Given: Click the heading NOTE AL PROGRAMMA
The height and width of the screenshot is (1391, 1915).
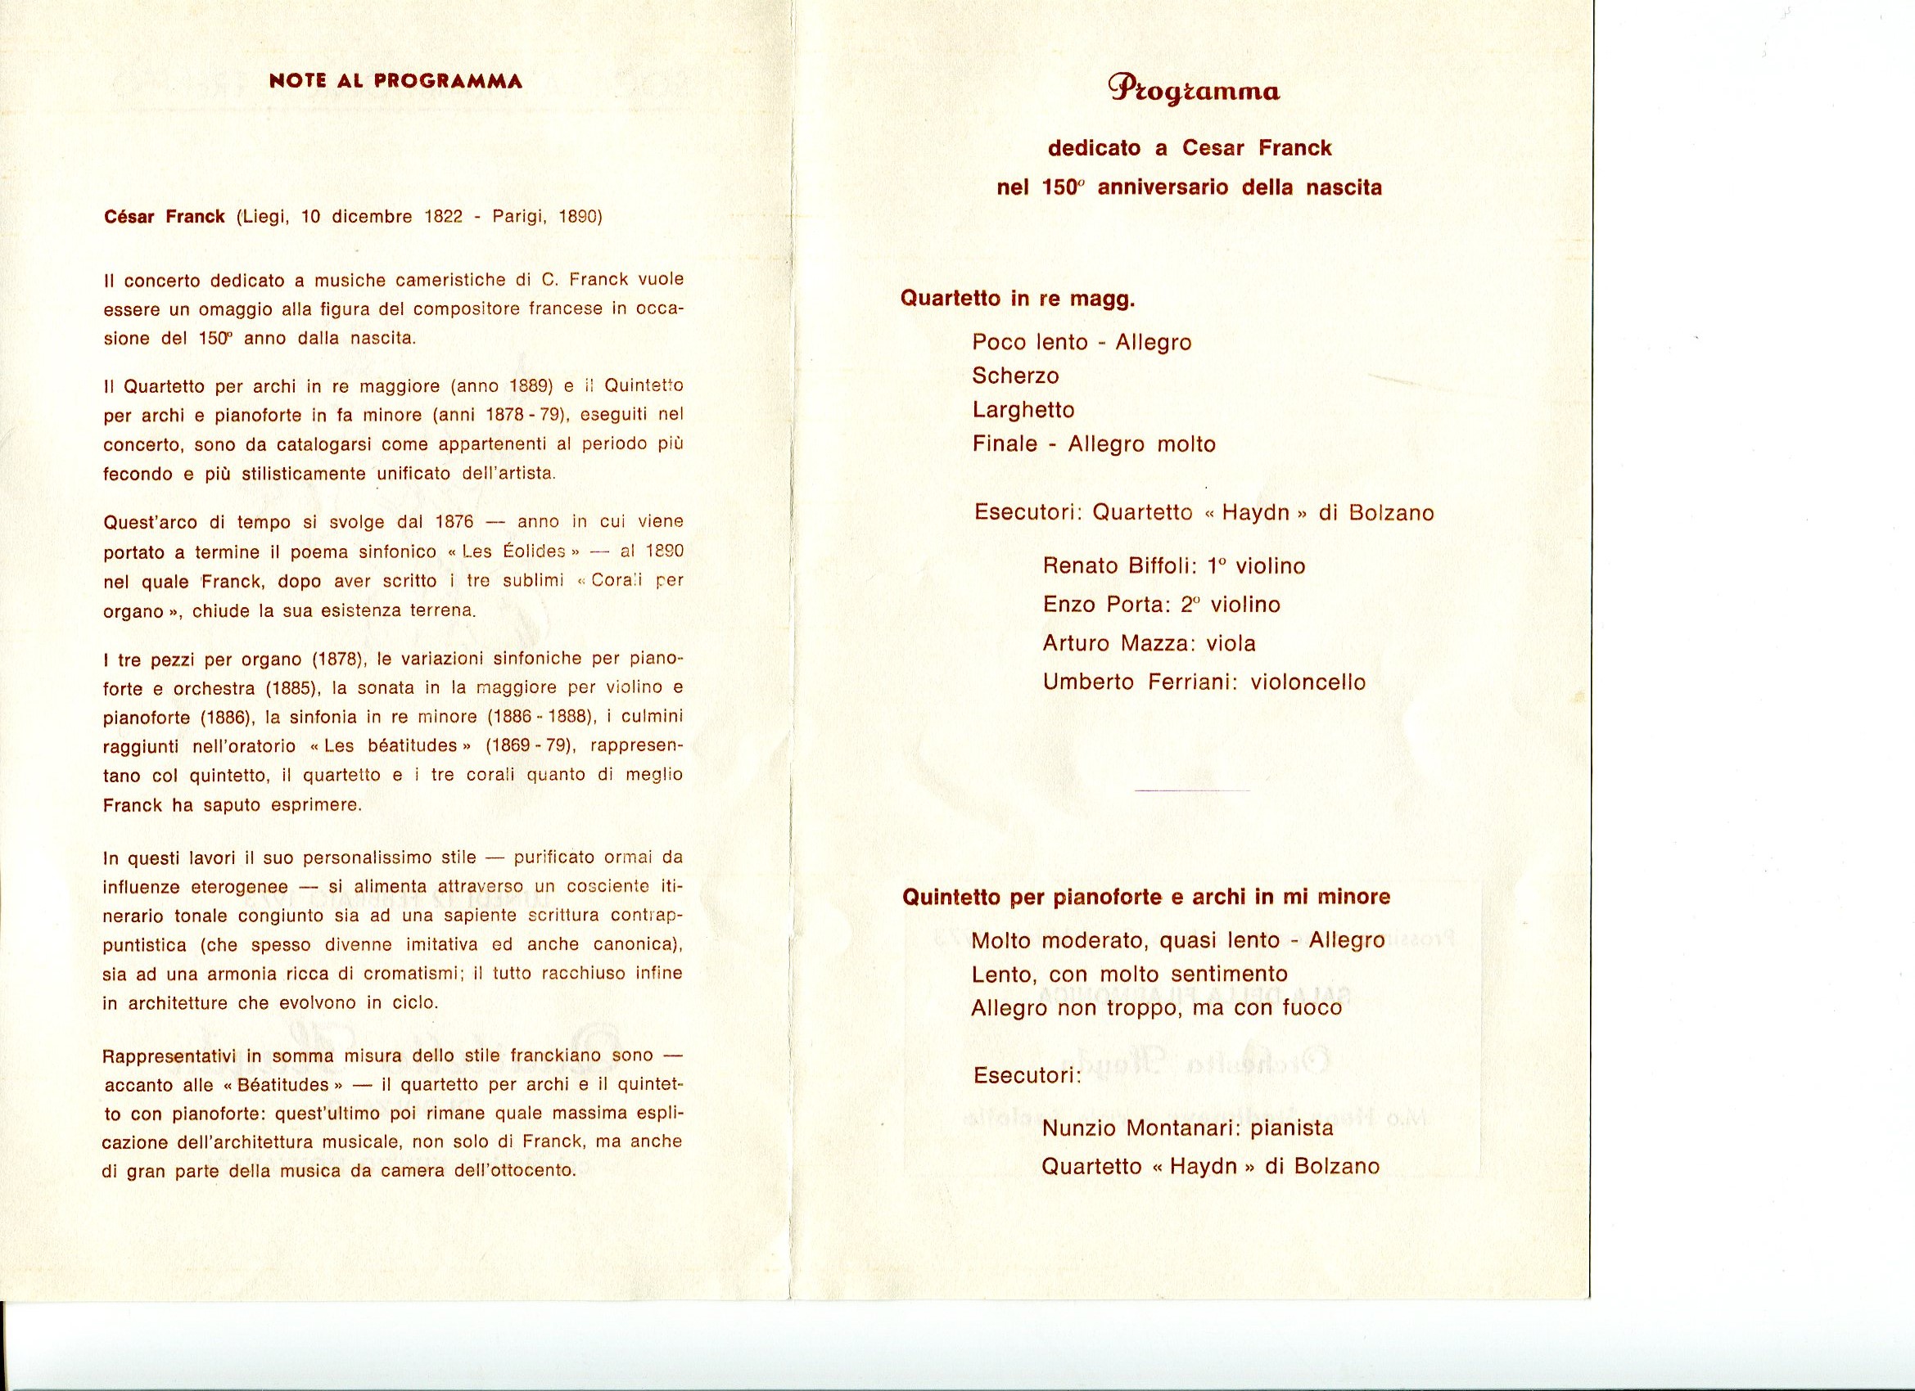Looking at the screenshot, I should tap(395, 82).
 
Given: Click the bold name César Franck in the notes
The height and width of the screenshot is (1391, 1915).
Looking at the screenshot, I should tap(164, 217).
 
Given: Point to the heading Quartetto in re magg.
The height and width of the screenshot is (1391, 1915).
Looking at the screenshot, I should tap(1018, 299).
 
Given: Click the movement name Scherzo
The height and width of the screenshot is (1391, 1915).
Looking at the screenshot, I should tap(1015, 376).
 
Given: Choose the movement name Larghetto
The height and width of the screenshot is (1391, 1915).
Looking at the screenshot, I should tap(1023, 410).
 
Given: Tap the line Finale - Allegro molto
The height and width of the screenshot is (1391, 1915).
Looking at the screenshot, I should tap(1094, 444).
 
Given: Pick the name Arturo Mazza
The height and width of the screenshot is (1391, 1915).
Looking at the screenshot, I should tap(1107, 643).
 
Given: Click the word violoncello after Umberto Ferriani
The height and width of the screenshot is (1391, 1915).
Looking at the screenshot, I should tap(1308, 682).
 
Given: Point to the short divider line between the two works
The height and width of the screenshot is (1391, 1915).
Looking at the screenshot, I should tap(1192, 790).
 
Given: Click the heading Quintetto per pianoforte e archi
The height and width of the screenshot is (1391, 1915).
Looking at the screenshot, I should tap(1145, 897).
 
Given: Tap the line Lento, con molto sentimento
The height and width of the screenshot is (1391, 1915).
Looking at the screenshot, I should tap(1129, 974).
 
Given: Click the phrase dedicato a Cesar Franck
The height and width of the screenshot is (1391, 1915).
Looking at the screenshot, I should tap(1190, 149).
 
